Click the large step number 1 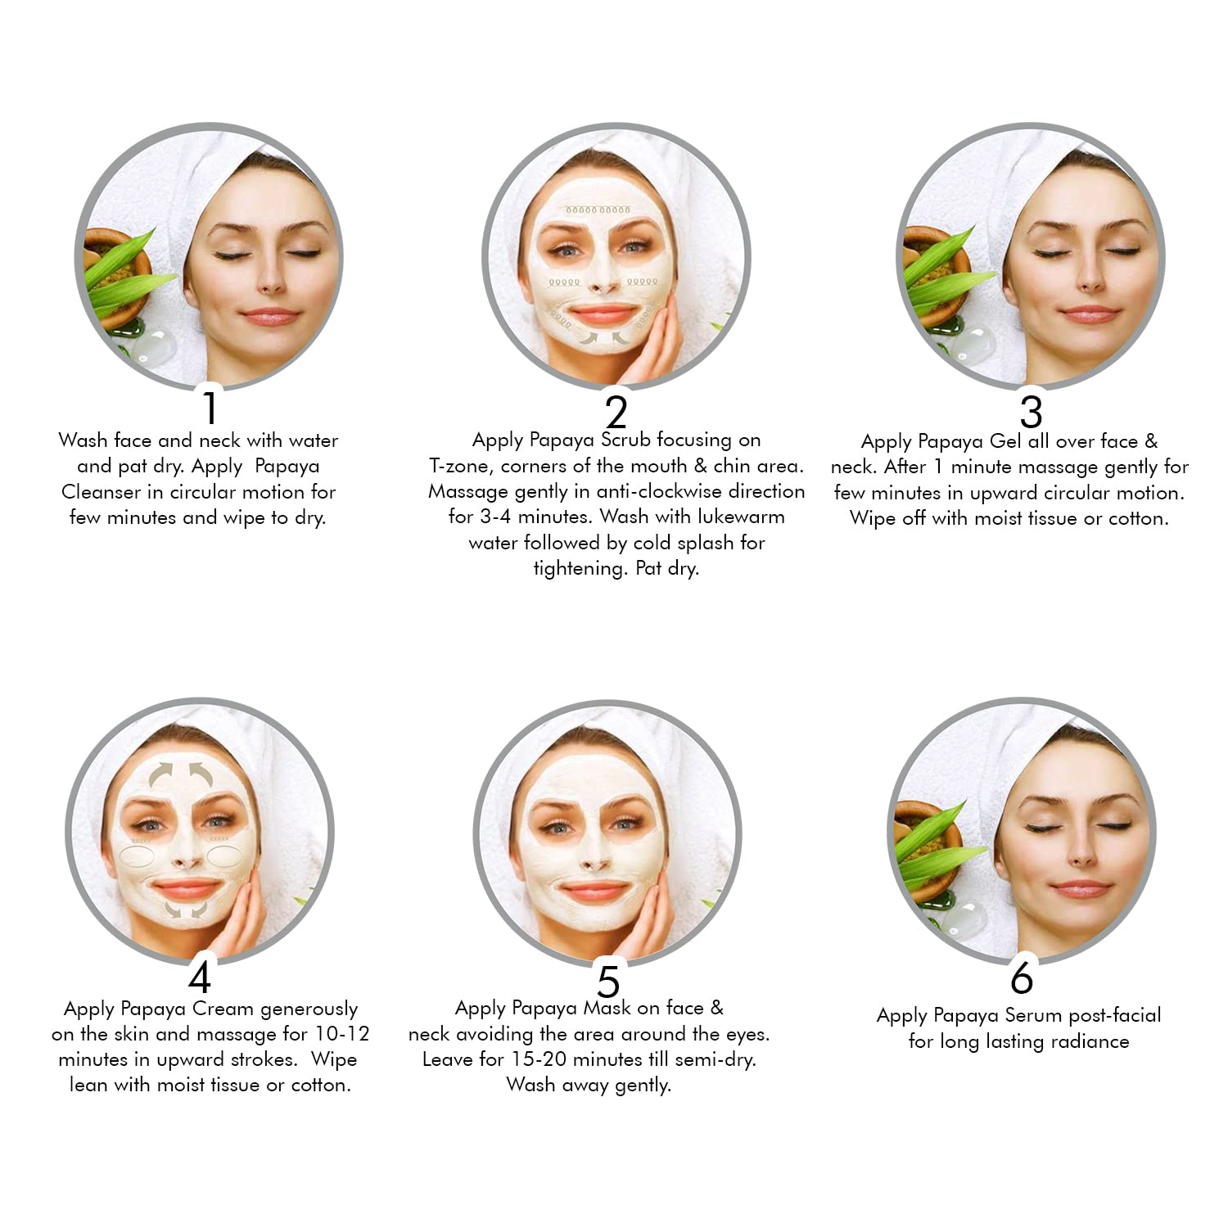click(210, 408)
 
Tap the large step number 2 click(616, 412)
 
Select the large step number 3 click(1031, 412)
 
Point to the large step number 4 click(200, 976)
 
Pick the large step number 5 click(608, 981)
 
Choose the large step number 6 click(1022, 977)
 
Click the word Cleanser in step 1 click(102, 492)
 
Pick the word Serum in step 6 click(1033, 1015)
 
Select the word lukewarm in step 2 click(741, 517)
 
